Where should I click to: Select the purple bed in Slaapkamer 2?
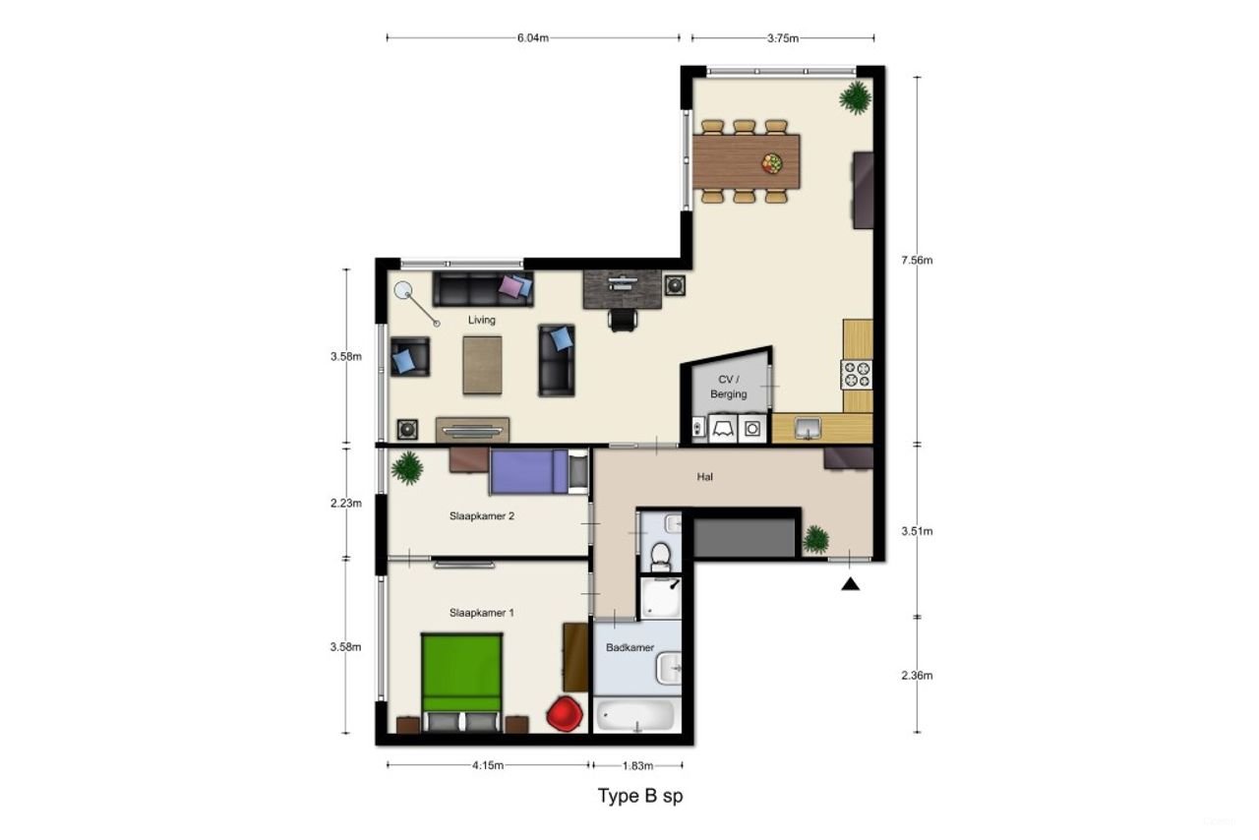click(529, 470)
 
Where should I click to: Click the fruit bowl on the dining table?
click(772, 163)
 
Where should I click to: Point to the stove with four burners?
click(856, 374)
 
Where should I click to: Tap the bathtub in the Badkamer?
click(635, 716)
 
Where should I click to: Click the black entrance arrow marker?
click(851, 584)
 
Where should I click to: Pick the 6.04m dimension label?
click(532, 38)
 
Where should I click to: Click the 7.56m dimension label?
click(917, 261)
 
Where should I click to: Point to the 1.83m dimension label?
click(637, 765)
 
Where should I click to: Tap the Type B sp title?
click(640, 796)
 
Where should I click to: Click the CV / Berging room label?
click(729, 387)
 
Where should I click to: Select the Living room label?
click(482, 320)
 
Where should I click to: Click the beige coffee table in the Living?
click(482, 365)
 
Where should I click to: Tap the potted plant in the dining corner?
click(854, 97)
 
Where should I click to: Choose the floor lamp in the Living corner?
click(403, 291)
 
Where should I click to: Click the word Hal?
click(704, 477)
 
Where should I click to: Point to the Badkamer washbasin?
click(669, 669)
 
